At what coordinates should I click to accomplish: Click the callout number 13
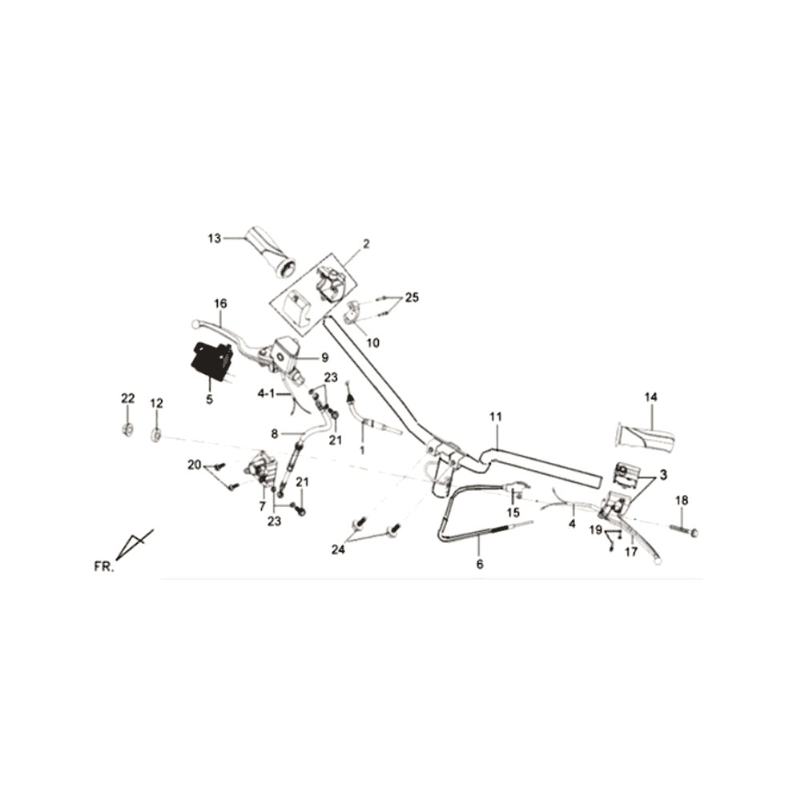pos(215,239)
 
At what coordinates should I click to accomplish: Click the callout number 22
pos(127,398)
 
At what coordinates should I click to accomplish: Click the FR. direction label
pos(103,567)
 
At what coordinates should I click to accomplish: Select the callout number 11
pos(496,417)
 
